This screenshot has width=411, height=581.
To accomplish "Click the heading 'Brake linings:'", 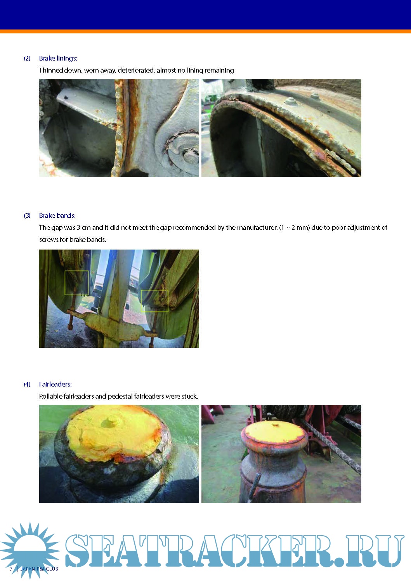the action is pyautogui.click(x=58, y=58).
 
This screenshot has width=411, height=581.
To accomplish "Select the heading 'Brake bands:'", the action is pyautogui.click(x=57, y=215).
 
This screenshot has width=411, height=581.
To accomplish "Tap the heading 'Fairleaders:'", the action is pyautogui.click(x=55, y=384).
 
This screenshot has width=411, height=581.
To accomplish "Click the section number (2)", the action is pyautogui.click(x=27, y=58).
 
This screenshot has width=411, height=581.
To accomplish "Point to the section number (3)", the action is pyautogui.click(x=27, y=215).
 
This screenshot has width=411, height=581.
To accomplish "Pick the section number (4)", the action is pyautogui.click(x=27, y=384).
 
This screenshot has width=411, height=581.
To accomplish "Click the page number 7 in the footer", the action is pyautogui.click(x=11, y=569).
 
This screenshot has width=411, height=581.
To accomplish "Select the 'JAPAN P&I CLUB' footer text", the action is pyautogui.click(x=39, y=569).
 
